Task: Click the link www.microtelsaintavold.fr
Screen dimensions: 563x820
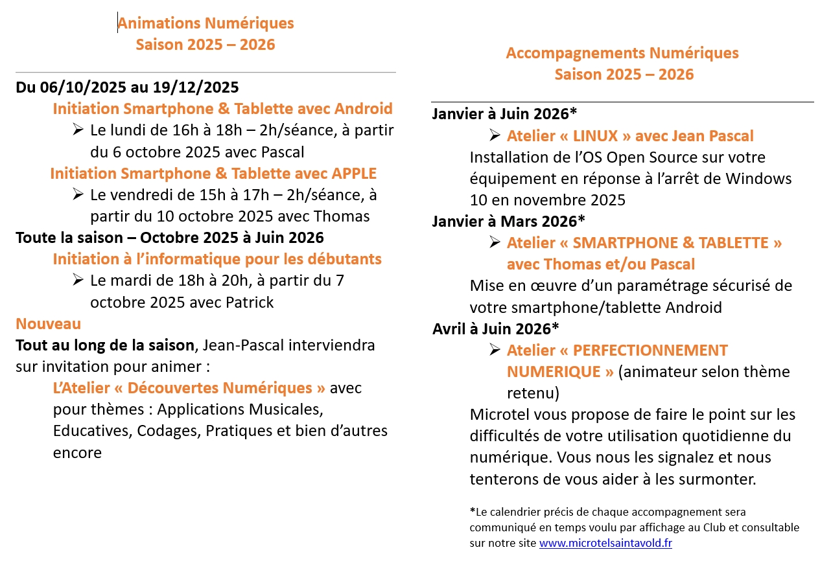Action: [x=605, y=543]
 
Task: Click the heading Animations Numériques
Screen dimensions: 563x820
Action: [x=205, y=23]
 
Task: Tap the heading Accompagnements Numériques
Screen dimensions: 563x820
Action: [x=622, y=52]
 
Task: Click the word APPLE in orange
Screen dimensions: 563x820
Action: [x=354, y=174]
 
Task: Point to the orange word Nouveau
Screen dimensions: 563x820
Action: [x=49, y=323]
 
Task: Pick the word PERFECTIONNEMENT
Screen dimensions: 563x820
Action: [x=650, y=350]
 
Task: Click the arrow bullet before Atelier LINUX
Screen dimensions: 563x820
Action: [x=495, y=135]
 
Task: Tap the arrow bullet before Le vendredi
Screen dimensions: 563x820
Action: [x=78, y=194]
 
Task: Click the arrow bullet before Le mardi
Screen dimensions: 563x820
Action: [x=78, y=280]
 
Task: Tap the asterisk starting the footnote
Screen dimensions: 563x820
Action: [x=472, y=511]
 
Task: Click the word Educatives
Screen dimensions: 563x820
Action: [x=92, y=431]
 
